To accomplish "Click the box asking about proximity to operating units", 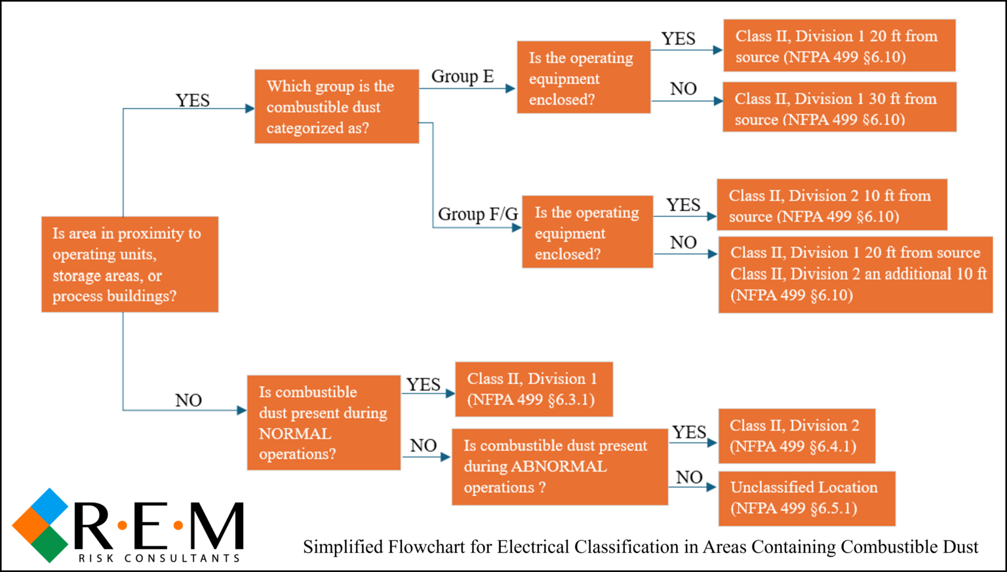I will [x=129, y=264].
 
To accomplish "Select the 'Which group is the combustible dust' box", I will [x=336, y=106].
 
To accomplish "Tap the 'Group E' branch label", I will [x=462, y=77].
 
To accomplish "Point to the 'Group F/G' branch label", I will [x=477, y=214].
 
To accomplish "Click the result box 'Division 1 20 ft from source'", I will [x=839, y=46].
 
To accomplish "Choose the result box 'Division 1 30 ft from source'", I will [x=839, y=108].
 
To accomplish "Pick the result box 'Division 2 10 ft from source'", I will [x=831, y=205].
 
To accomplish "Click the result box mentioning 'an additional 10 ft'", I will [x=856, y=274].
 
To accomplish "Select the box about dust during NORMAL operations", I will [x=323, y=423].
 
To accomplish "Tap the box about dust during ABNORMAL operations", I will [x=559, y=467].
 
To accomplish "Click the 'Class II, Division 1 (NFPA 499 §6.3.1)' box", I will [x=534, y=389].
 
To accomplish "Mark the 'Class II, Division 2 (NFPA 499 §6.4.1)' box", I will [x=796, y=436].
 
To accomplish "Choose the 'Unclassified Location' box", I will [x=806, y=498].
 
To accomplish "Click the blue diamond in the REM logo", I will [x=49, y=506].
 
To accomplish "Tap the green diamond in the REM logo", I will [x=49, y=544].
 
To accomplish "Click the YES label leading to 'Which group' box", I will [x=193, y=100].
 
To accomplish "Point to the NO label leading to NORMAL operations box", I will [x=188, y=400].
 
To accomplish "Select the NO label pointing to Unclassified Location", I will [x=689, y=477].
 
